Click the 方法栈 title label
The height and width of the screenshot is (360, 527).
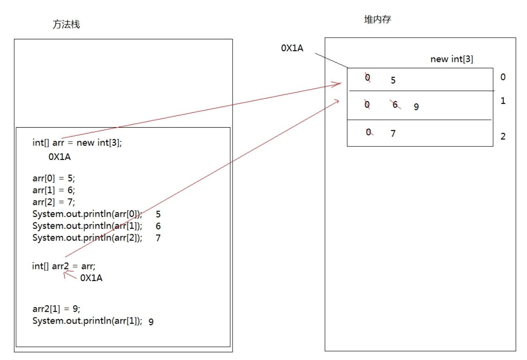coord(66,25)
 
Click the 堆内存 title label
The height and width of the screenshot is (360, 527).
coord(377,19)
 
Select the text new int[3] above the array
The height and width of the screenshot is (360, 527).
coord(452,59)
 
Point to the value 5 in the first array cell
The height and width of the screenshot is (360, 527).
coord(393,80)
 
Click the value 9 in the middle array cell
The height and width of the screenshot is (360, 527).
coord(416,107)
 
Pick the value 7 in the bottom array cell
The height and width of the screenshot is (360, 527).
coord(393,133)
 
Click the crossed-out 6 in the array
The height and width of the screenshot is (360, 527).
coord(395,105)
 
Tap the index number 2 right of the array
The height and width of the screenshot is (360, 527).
coord(503,136)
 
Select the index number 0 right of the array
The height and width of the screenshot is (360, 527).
coord(503,77)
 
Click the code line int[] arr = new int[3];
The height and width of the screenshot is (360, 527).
coord(77,143)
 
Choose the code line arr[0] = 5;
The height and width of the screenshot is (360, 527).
coord(54,179)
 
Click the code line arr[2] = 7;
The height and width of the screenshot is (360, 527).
coord(54,202)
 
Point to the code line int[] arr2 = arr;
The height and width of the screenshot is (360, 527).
coord(64,266)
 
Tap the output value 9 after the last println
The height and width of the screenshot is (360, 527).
coord(151,322)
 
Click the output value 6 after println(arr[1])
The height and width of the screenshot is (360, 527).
coord(158,226)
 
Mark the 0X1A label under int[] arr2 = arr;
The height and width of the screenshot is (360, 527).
coord(91,278)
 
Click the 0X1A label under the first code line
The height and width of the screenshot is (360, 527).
coord(60,156)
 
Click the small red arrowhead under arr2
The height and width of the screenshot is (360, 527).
coord(65,275)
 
